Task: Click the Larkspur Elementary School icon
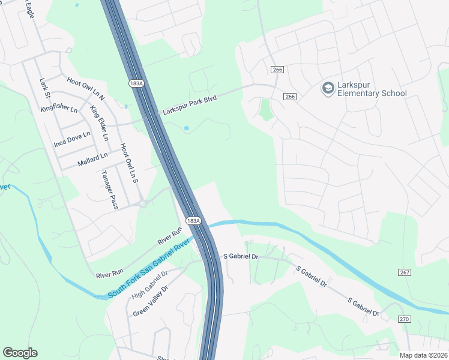pyautogui.click(x=328, y=89)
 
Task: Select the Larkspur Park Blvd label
pyautogui.click(x=189, y=104)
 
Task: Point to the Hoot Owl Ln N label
pyautogui.click(x=86, y=89)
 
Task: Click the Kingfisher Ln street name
pyautogui.click(x=59, y=110)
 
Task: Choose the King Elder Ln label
pyautogui.click(x=99, y=123)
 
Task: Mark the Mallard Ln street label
pyautogui.click(x=92, y=160)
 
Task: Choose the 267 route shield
pyautogui.click(x=405, y=272)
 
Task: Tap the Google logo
pyautogui.click(x=20, y=353)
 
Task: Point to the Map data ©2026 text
pyautogui.click(x=424, y=355)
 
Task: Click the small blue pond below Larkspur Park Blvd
pyautogui.click(x=186, y=128)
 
